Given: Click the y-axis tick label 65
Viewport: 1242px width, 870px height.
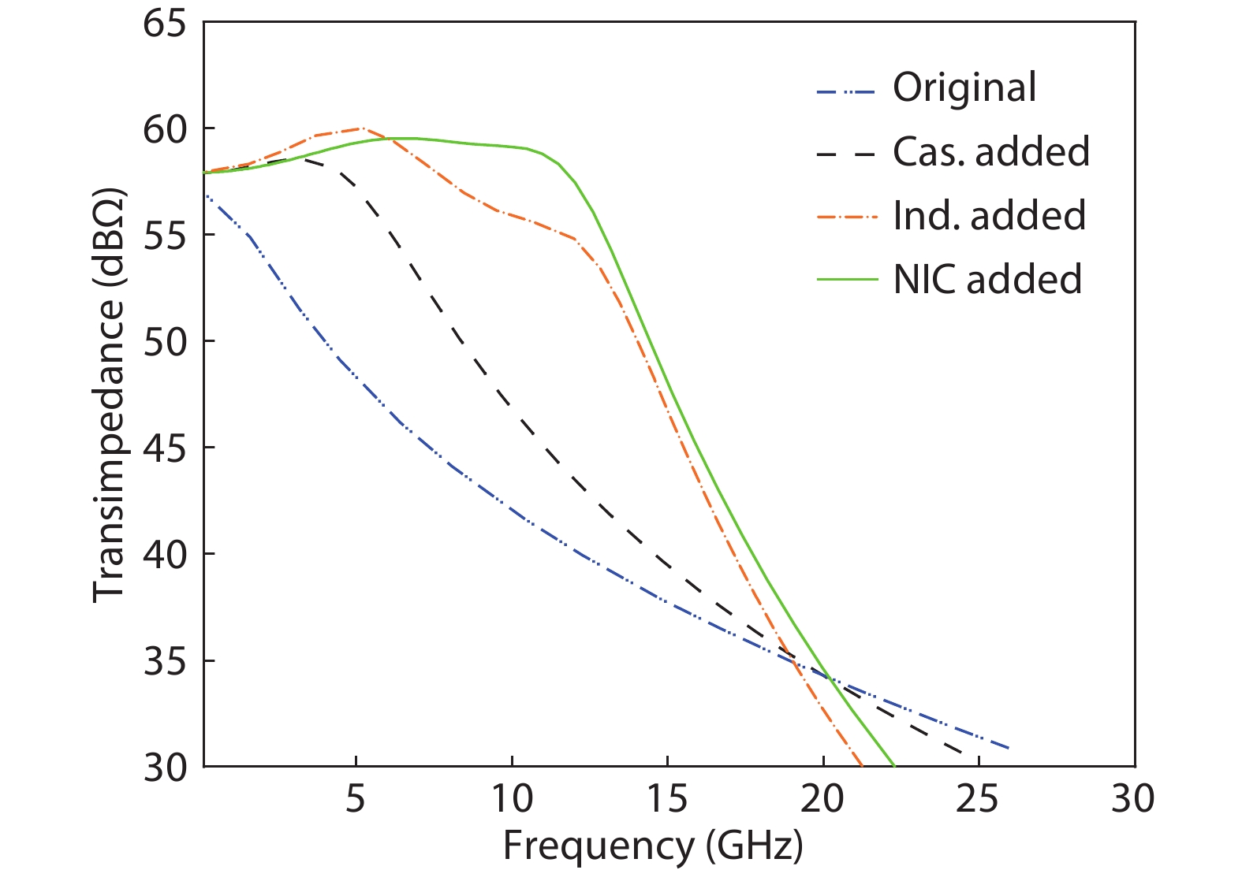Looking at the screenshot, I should click(165, 24).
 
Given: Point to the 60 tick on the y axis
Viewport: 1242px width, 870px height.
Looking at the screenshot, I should click(165, 130).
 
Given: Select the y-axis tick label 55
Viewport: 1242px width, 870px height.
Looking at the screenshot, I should click(165, 236).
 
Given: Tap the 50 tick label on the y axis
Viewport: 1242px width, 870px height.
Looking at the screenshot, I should click(165, 342).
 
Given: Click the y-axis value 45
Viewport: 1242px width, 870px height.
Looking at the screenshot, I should click(165, 448).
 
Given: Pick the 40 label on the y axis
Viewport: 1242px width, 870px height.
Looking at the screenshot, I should click(165, 555).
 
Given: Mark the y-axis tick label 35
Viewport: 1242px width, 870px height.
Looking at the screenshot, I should click(165, 661).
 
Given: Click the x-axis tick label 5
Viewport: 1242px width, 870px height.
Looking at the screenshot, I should click(356, 799).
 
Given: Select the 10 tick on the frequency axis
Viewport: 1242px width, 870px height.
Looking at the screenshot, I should click(512, 799).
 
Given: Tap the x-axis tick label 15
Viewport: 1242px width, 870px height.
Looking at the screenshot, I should click(667, 799).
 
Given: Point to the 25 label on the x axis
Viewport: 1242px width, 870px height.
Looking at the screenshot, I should click(978, 799).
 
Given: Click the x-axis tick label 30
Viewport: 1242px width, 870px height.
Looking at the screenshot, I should click(1133, 799).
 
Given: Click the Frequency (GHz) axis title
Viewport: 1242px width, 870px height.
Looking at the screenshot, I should click(653, 846).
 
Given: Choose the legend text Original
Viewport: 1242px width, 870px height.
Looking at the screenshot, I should click(964, 87).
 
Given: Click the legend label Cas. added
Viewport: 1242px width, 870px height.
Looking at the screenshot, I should click(991, 151).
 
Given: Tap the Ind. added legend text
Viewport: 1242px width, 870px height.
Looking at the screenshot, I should click(989, 215).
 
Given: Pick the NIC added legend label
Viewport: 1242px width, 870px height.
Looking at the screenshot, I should click(987, 279).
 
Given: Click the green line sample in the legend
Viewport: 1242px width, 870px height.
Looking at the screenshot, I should click(847, 279).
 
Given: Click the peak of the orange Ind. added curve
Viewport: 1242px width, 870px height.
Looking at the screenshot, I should click(361, 128).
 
